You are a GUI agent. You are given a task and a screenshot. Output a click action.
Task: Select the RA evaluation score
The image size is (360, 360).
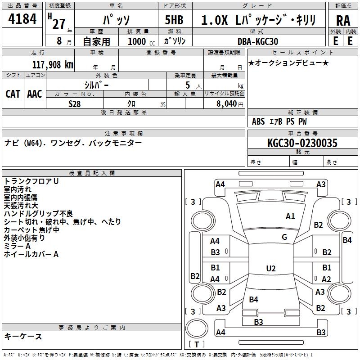[x=343, y=20]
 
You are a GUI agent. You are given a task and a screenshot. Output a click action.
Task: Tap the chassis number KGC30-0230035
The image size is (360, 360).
[x=302, y=144]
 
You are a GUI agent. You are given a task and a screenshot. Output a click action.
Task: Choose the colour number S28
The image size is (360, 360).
[x=75, y=104]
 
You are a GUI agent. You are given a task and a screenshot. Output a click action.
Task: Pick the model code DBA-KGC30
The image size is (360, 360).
[x=258, y=41]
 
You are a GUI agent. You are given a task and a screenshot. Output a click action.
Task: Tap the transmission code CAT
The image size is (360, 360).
[x=13, y=94]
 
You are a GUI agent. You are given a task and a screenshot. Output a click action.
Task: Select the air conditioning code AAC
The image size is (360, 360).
[x=35, y=94]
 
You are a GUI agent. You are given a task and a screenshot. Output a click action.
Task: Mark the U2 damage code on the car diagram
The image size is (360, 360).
[x=271, y=269]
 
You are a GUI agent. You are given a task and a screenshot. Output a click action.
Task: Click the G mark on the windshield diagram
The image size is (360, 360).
[x=284, y=237]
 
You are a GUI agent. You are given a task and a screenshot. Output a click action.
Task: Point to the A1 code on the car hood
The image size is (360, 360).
[x=290, y=216]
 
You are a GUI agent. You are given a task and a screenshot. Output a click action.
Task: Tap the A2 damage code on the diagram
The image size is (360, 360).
[x=326, y=279]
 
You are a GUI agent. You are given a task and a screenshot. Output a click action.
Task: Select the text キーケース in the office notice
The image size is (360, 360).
[x=23, y=336]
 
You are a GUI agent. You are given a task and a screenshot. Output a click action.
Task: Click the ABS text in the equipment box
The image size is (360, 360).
[x=258, y=121]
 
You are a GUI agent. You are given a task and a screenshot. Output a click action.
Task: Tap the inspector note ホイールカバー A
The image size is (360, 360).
[x=31, y=254]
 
